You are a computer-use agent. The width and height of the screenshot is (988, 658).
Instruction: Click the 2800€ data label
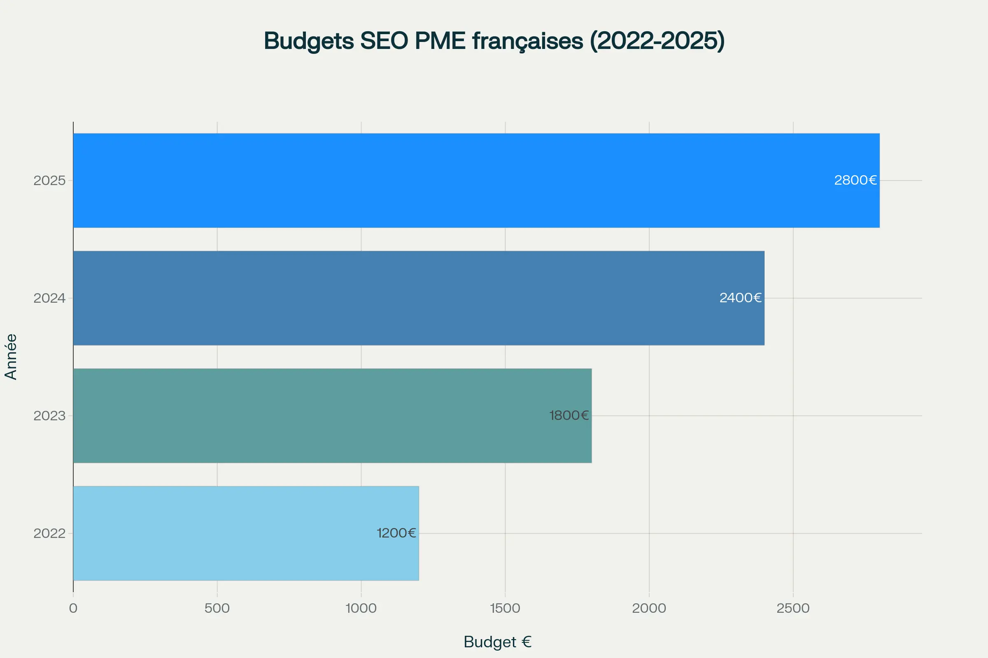pyautogui.click(x=855, y=181)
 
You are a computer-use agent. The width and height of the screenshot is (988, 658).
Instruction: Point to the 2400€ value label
pyautogui.click(x=740, y=298)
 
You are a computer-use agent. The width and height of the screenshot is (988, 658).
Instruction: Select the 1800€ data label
pyautogui.click(x=569, y=415)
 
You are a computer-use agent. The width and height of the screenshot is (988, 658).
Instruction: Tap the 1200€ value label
pyautogui.click(x=396, y=533)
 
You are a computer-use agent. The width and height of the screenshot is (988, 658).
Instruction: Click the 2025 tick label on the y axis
pyautogui.click(x=49, y=181)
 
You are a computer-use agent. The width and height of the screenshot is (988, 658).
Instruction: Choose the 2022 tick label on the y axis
pyautogui.click(x=49, y=533)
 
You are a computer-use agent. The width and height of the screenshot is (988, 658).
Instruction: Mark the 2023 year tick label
pyautogui.click(x=49, y=416)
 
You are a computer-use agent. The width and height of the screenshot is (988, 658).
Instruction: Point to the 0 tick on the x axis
pyautogui.click(x=73, y=608)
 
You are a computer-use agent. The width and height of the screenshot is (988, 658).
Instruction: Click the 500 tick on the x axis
pyautogui.click(x=217, y=608)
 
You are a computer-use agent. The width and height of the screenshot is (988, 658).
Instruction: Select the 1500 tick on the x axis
pyautogui.click(x=505, y=608)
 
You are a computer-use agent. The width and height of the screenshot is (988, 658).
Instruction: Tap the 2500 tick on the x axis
pyautogui.click(x=793, y=608)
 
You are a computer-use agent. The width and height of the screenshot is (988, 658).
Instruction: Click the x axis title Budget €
pyautogui.click(x=497, y=642)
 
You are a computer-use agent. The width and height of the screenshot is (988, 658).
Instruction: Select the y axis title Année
pyautogui.click(x=11, y=357)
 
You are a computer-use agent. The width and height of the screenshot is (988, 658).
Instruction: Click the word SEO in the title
pyautogui.click(x=384, y=41)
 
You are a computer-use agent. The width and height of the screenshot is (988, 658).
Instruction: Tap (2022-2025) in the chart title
pyautogui.click(x=657, y=41)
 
